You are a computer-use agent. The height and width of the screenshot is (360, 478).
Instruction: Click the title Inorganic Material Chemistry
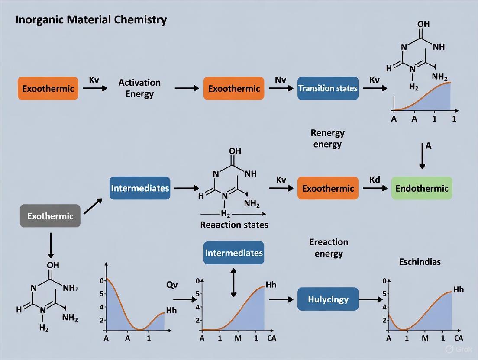[91, 20]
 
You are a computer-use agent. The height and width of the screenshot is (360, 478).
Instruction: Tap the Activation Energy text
[139, 88]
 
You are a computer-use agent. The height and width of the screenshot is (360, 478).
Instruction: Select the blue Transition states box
[328, 88]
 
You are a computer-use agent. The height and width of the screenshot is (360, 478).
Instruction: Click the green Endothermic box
[422, 188]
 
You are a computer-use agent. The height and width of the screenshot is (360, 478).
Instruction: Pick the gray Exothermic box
[50, 216]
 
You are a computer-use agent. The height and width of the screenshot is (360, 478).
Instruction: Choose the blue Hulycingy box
[328, 299]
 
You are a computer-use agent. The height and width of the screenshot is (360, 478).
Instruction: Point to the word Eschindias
[420, 262]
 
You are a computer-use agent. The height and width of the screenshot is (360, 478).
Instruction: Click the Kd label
[375, 179]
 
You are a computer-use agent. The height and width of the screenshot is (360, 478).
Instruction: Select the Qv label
[172, 285]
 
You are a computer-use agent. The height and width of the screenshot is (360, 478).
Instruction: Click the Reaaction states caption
[234, 225]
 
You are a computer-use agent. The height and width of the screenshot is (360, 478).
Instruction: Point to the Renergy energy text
[328, 138]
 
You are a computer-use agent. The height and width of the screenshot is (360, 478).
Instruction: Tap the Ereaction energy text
[329, 247]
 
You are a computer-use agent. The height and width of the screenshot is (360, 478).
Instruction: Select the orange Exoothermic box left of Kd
[328, 188]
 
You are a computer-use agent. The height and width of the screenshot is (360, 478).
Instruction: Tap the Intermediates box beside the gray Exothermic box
[140, 188]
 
